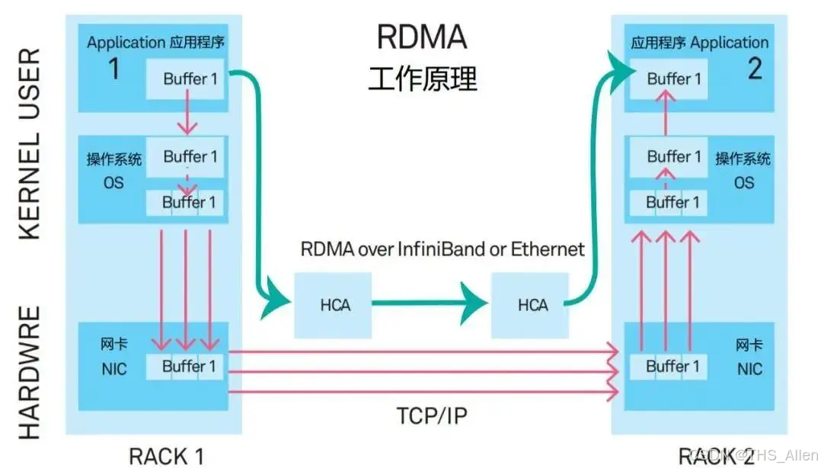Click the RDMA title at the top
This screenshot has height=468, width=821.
[422, 37]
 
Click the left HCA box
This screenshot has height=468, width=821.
[334, 305]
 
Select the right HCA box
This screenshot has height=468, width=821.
[532, 305]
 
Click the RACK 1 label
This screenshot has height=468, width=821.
[166, 456]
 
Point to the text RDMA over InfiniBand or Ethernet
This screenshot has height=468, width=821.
[442, 248]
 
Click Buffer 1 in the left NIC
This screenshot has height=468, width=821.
[189, 367]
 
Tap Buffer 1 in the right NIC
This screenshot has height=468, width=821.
[672, 367]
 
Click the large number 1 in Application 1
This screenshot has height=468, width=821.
[114, 69]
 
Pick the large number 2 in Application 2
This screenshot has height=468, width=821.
[754, 69]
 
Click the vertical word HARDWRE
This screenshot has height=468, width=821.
[29, 373]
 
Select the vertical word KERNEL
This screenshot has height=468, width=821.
[29, 188]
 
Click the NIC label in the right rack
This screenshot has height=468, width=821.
[749, 369]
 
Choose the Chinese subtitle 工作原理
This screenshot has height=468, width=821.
[422, 79]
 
